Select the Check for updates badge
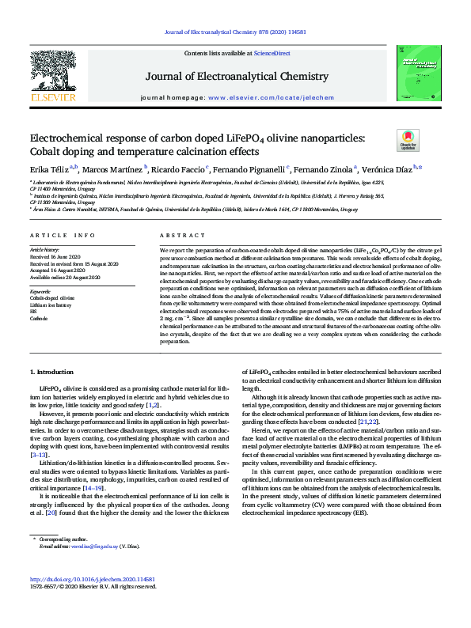(407, 140)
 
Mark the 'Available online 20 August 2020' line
(66, 277)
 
